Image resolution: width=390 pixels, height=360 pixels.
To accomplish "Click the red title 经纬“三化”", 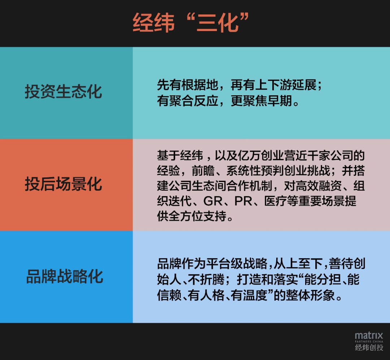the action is pyautogui.click(x=191, y=23).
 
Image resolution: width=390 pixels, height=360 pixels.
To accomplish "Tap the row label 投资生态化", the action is pyautogui.click(x=63, y=92).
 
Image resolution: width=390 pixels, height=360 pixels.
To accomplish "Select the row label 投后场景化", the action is pyautogui.click(x=63, y=184).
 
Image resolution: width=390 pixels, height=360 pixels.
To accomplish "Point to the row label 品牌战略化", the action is pyautogui.click(x=64, y=276).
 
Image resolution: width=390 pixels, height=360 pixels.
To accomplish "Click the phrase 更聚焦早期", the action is pyautogui.click(x=261, y=101).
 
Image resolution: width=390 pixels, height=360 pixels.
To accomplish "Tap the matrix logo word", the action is pyautogui.click(x=369, y=335).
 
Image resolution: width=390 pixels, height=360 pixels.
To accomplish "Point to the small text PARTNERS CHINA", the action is pyautogui.click(x=369, y=342).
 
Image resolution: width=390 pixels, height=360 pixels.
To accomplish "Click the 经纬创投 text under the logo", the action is pyautogui.click(x=369, y=347).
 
